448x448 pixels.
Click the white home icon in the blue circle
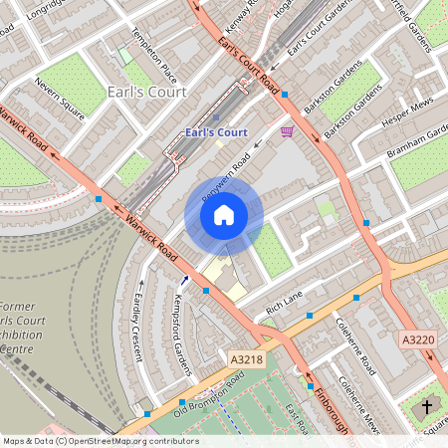(x=224, y=214)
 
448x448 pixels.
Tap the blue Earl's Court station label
(x=216, y=132)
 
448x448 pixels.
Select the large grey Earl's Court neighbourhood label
(x=140, y=93)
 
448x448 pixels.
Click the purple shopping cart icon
(x=288, y=130)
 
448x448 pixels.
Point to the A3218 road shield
(x=246, y=359)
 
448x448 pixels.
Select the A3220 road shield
(x=419, y=339)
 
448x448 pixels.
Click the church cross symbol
(x=429, y=407)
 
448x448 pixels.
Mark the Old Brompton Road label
(x=209, y=395)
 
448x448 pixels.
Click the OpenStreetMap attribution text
(x=100, y=441)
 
